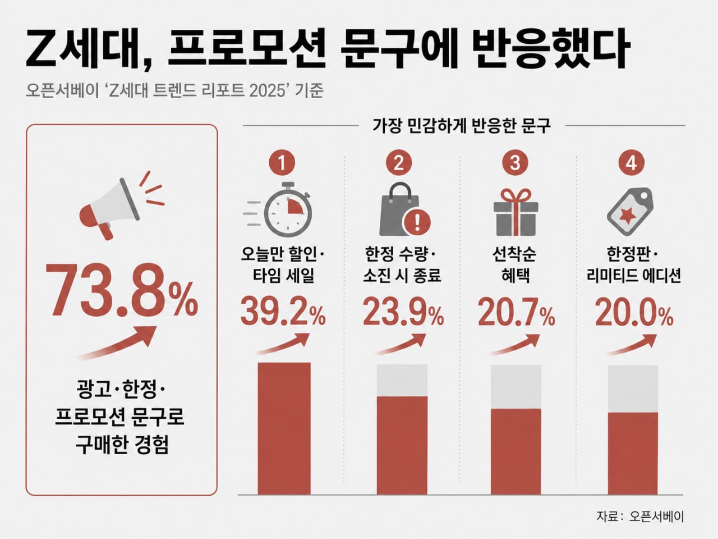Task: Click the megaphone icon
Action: click(121, 206)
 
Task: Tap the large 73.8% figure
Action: click(122, 290)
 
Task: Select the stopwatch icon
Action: click(278, 209)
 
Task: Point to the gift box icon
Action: click(516, 212)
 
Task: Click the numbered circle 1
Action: click(282, 163)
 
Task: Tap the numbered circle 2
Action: click(399, 163)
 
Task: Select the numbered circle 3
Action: click(515, 163)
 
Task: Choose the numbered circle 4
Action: click(632, 163)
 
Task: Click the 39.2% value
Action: click(283, 311)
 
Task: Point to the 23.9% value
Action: click(403, 311)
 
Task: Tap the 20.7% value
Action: click(517, 311)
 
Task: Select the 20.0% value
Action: click(634, 311)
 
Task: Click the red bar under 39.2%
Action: click(284, 428)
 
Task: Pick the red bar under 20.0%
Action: click(633, 453)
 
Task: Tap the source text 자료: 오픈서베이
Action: click(640, 516)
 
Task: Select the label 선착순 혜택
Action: click(515, 264)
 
